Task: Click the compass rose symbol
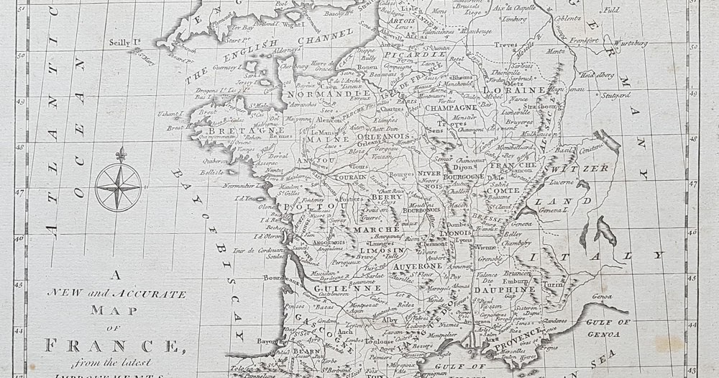click(119, 186)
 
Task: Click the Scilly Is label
click(124, 42)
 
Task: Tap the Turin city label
click(552, 284)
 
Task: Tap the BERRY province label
click(383, 196)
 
